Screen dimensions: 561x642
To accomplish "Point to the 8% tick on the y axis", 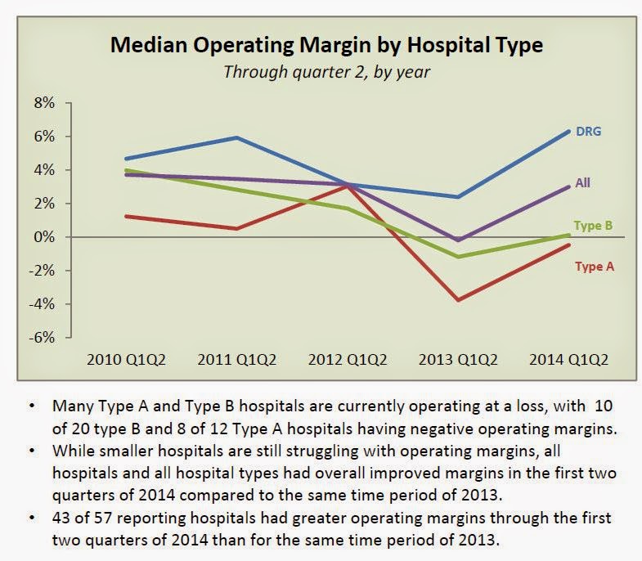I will tap(43, 103).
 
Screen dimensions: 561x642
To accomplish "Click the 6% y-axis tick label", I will tap(43, 137).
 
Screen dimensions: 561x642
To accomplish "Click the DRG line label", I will tap(589, 132).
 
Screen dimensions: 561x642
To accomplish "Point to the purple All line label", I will tap(582, 183).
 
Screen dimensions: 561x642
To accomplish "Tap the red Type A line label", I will tap(590, 266).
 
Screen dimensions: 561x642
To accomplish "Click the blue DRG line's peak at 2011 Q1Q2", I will tap(237, 137).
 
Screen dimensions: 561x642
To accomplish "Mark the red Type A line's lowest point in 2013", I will tap(459, 300).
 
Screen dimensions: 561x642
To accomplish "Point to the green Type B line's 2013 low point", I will tap(459, 257).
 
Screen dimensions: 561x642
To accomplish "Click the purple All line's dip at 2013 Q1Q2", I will tap(459, 240).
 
